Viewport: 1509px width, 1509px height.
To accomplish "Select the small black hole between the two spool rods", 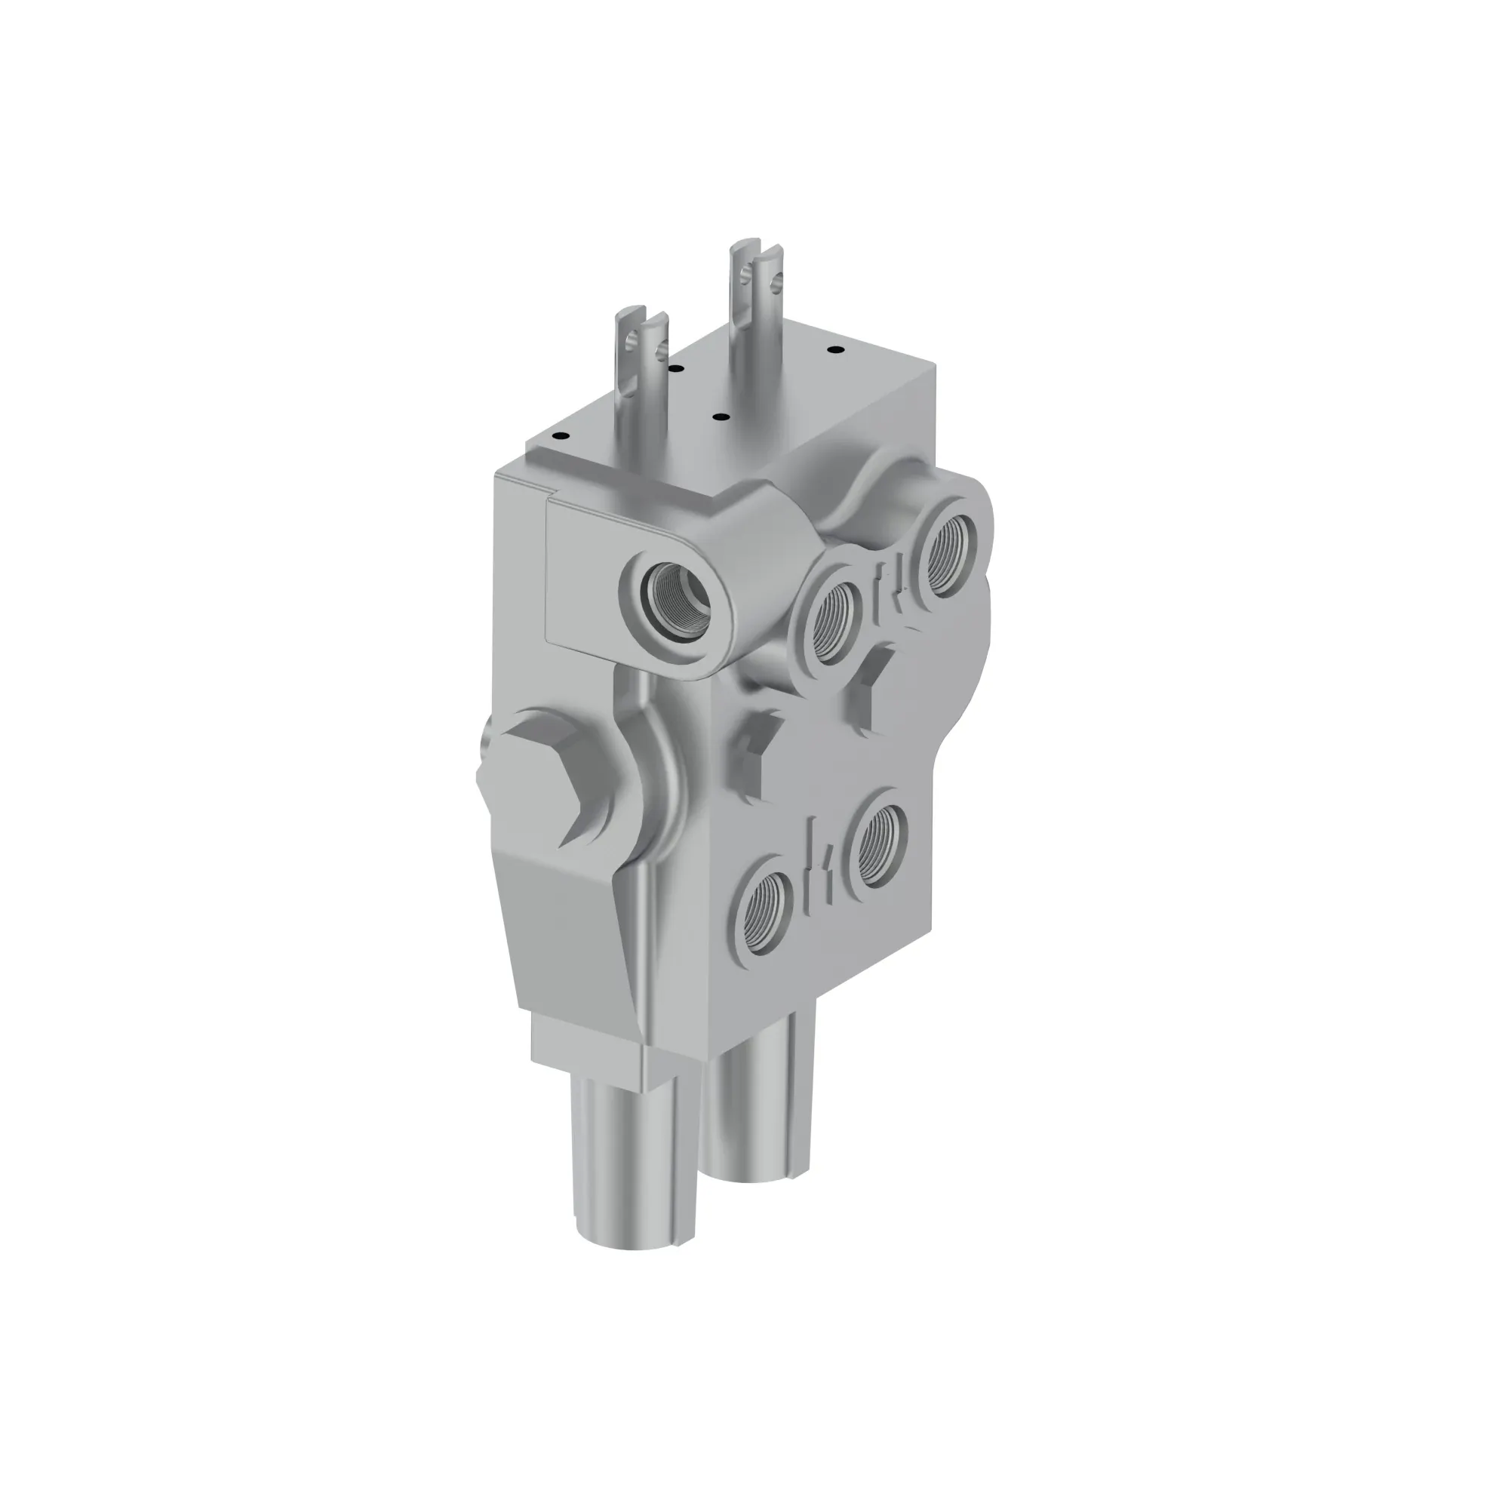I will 718,418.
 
